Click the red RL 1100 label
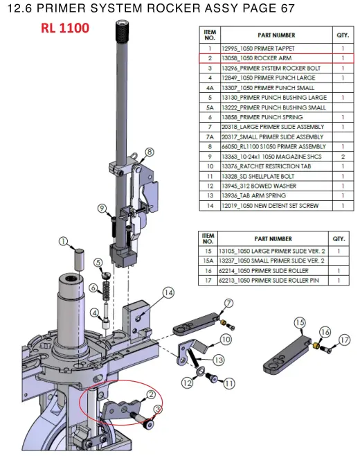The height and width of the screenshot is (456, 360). coord(65,28)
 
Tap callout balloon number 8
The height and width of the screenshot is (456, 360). coord(150,152)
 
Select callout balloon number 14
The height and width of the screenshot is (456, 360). coord(168,292)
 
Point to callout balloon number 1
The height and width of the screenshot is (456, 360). coord(63,241)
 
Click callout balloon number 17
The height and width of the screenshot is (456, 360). coord(345,340)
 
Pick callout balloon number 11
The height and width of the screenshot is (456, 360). coord(229,383)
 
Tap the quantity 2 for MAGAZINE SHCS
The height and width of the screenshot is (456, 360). coord(343,157)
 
